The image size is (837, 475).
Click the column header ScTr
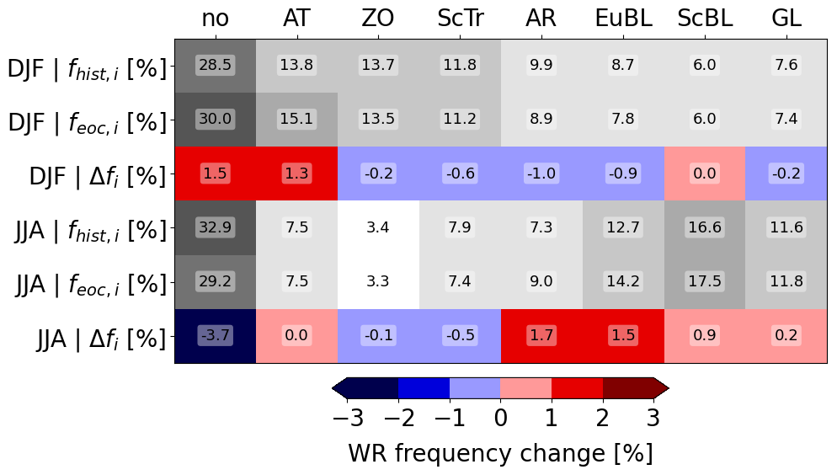(460, 19)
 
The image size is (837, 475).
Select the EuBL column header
(623, 19)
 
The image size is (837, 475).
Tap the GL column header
(786, 19)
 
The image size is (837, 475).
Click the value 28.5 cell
(215, 65)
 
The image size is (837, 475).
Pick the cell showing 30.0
(215, 120)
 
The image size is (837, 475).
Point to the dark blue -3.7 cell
(215, 335)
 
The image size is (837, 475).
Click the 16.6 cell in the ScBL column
(704, 227)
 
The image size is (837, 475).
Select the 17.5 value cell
(704, 281)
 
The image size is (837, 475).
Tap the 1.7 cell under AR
(541, 335)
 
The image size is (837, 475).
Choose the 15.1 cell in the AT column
(296, 120)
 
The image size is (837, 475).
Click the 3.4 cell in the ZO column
(378, 227)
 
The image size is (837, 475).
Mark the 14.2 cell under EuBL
(623, 281)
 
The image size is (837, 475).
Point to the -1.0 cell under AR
(541, 173)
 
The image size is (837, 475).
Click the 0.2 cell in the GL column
(786, 335)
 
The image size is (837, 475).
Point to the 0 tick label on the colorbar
(500, 417)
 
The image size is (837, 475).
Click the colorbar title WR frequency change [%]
(500, 453)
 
